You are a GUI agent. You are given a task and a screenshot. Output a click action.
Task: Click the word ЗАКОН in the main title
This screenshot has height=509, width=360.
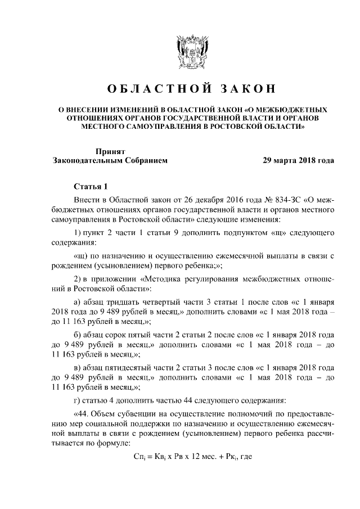coord(244,89)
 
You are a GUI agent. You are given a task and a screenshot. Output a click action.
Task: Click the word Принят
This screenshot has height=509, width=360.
coord(110,151)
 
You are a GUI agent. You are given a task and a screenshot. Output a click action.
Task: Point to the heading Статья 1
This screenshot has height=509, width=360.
coord(89,186)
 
